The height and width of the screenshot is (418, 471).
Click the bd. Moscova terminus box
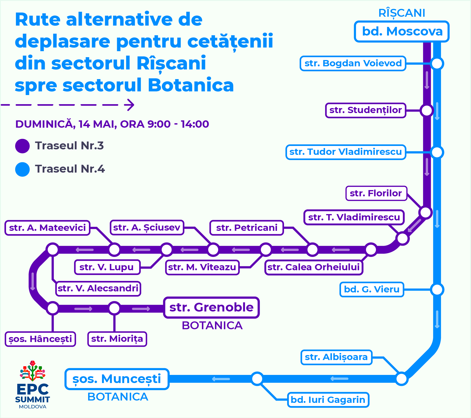click(x=402, y=32)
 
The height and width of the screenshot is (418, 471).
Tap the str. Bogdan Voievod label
click(x=353, y=63)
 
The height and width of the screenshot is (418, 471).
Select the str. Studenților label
click(x=365, y=110)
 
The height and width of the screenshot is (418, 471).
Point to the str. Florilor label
click(x=376, y=193)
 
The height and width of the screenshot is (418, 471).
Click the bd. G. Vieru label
click(x=372, y=289)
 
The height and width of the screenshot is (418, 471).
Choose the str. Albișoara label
click(x=336, y=357)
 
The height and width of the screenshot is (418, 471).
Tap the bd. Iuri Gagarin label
click(x=328, y=399)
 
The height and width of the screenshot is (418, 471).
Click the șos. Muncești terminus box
click(x=117, y=379)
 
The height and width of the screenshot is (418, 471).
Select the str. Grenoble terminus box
click(x=211, y=307)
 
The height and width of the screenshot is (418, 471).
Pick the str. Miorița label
click(x=117, y=339)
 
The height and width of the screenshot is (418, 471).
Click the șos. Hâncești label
click(x=40, y=339)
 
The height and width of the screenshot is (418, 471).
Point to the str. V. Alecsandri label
click(x=98, y=288)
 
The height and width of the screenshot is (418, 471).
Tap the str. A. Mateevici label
click(x=47, y=228)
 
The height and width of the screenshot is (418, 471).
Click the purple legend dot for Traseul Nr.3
click(x=22, y=146)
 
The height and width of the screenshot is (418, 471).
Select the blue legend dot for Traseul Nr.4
click(x=22, y=169)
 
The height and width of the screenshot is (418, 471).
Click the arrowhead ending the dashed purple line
click(x=130, y=105)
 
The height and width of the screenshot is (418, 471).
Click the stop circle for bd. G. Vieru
click(x=437, y=289)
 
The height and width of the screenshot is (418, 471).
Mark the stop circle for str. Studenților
click(x=427, y=110)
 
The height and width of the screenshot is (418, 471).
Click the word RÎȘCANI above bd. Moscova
click(x=402, y=13)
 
